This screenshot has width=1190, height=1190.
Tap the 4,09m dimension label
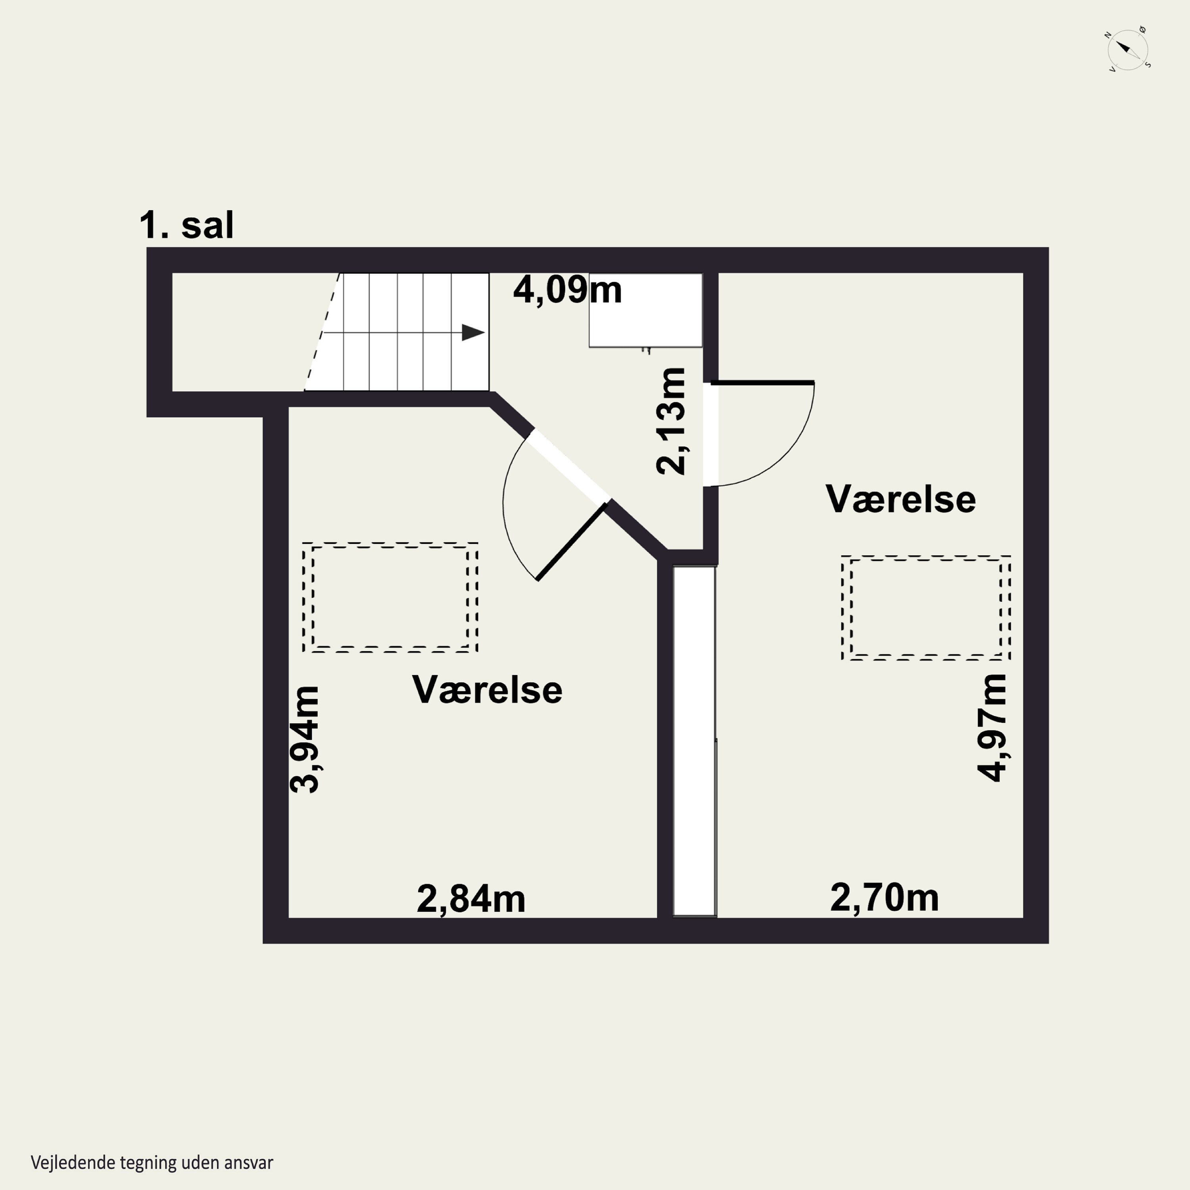[x=567, y=290]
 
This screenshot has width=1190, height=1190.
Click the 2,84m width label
[x=470, y=899]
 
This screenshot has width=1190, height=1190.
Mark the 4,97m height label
[x=992, y=727]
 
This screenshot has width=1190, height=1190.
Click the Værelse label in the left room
[x=487, y=689]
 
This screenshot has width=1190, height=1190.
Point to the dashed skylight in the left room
[x=390, y=597]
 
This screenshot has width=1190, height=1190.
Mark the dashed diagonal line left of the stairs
[x=322, y=333]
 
